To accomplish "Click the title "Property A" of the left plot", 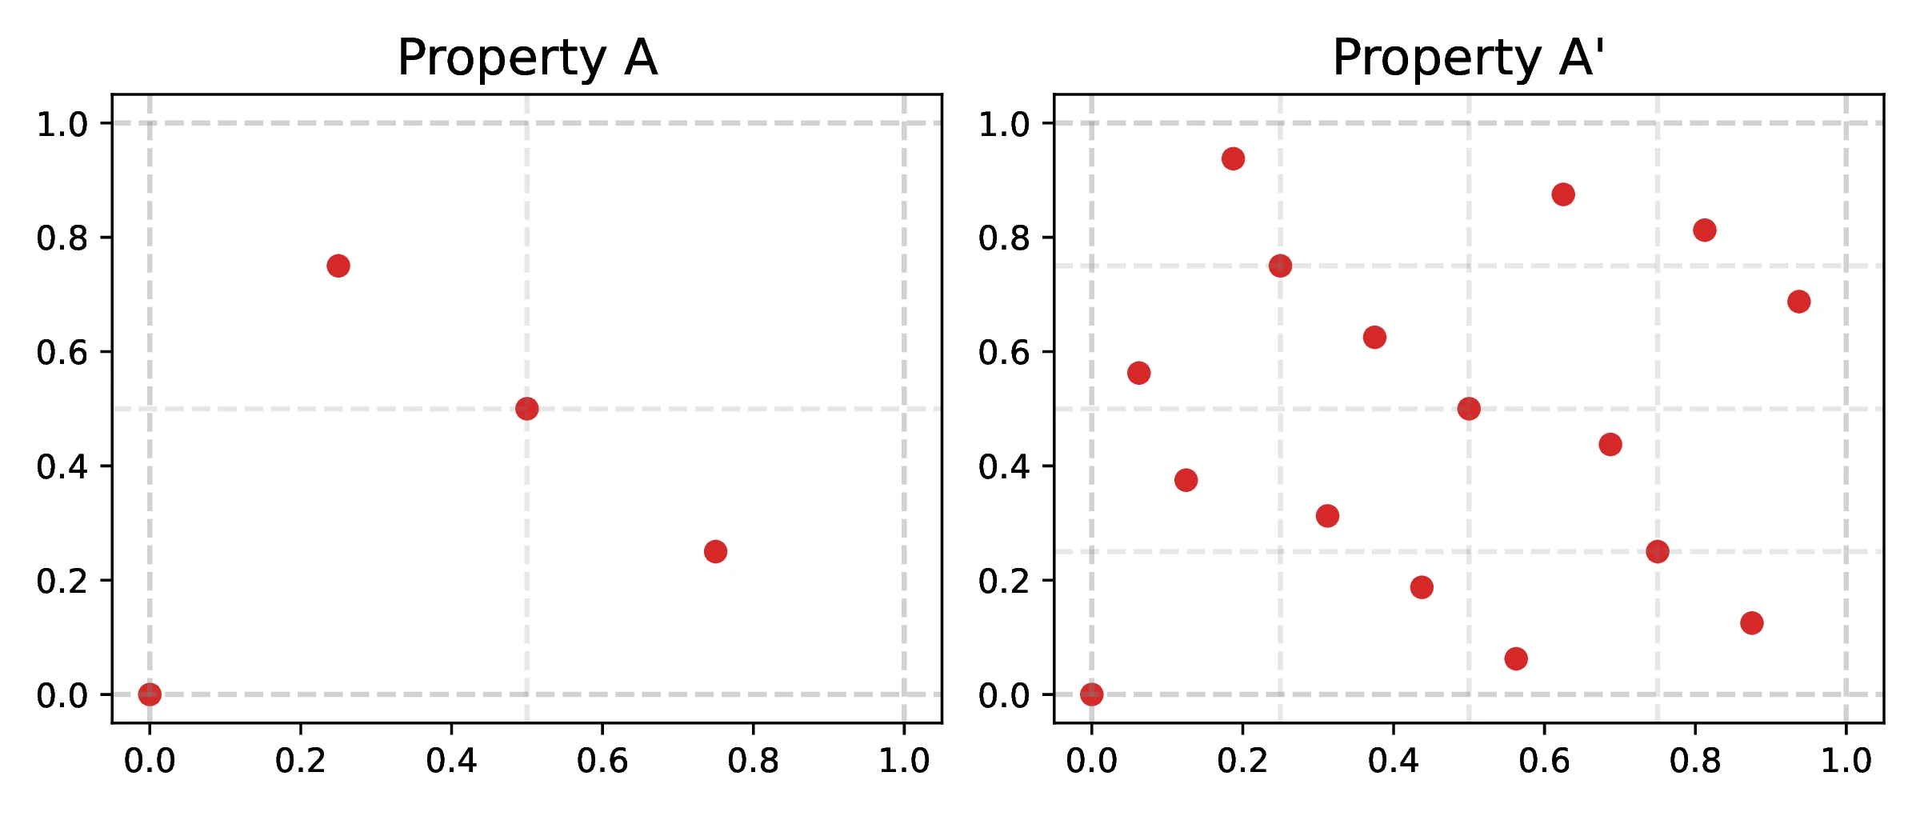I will point(527,58).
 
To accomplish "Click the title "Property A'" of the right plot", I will point(1468,58).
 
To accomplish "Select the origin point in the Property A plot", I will point(150,694).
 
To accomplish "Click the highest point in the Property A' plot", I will point(1233,158).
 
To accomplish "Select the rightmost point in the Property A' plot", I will point(1799,302).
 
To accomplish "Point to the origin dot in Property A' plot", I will point(1091,694).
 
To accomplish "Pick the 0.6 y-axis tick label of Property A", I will point(62,353).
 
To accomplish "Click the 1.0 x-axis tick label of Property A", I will point(904,761).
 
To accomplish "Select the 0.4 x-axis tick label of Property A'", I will point(1393,761).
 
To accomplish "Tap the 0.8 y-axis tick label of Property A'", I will point(1004,238).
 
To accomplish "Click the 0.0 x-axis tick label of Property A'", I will point(1091,761).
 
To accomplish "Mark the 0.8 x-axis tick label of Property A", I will point(753,761).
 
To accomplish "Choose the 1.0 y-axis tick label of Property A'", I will point(1004,125).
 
